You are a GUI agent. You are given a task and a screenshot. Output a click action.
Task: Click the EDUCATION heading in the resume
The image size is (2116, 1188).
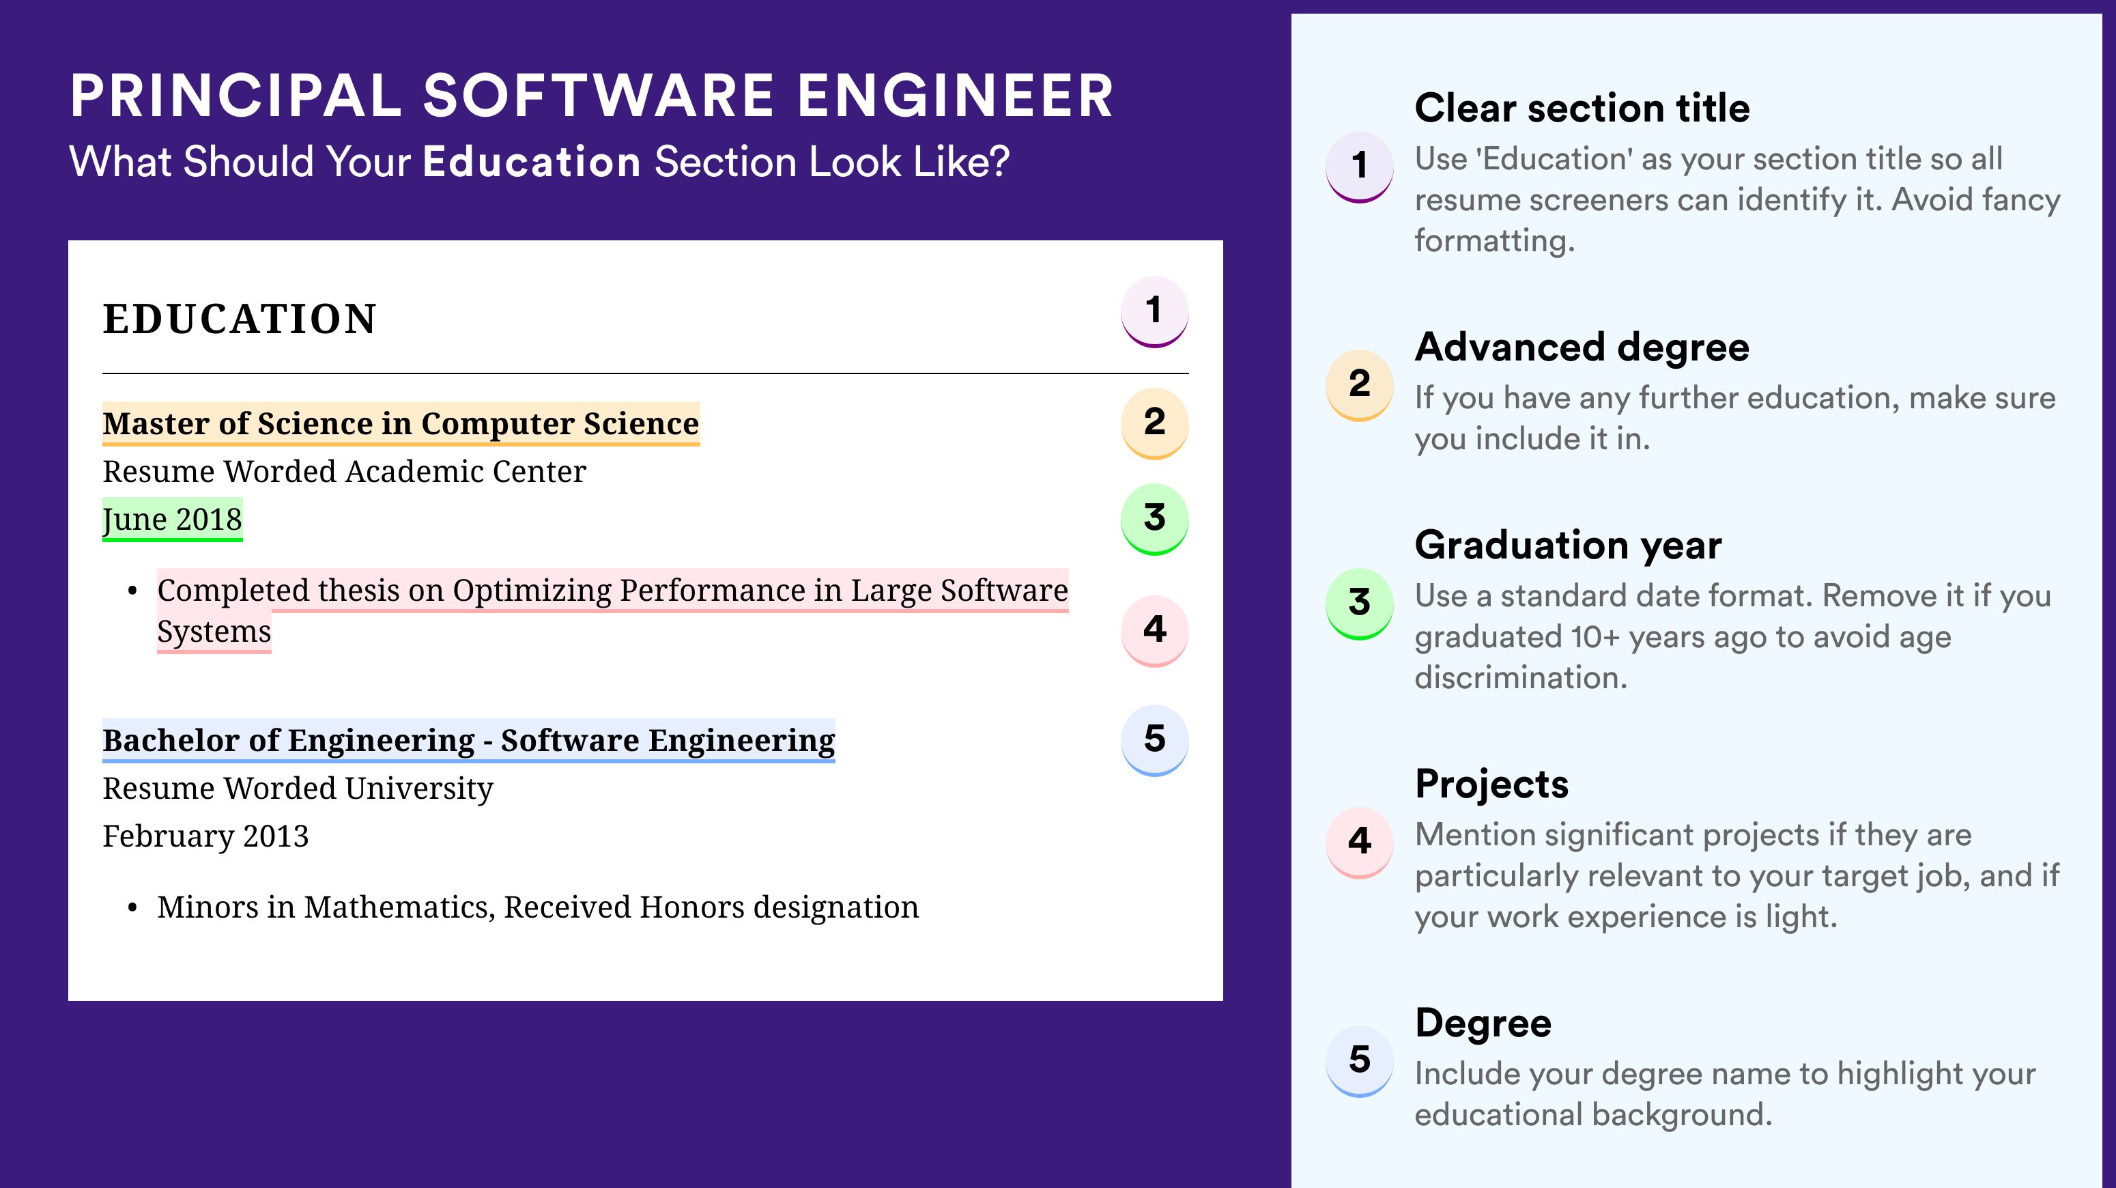(239, 319)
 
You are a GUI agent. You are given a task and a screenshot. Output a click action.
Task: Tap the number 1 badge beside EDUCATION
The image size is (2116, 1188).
(1154, 311)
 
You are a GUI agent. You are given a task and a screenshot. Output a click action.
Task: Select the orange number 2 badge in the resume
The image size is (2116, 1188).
(1154, 423)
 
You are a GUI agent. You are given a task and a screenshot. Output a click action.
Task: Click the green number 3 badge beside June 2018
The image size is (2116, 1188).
(1154, 519)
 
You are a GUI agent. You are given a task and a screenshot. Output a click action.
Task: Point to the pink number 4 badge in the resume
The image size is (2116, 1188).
(1154, 630)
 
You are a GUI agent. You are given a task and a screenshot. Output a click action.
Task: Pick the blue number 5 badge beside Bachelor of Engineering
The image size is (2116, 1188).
(1154, 740)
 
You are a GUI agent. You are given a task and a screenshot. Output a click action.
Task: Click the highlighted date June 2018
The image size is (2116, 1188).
(173, 519)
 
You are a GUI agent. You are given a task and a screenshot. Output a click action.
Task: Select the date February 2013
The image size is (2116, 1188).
(205, 836)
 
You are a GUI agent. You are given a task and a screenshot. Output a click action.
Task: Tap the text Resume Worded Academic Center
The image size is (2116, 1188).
(344, 472)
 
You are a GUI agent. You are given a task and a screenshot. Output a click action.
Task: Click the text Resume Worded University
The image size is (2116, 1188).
(298, 789)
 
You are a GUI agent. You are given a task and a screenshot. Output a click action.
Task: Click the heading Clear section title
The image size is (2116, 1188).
(1582, 108)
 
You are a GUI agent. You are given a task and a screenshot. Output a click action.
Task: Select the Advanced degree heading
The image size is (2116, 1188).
(1582, 348)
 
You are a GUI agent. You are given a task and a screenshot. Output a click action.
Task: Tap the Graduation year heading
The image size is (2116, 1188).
(1568, 546)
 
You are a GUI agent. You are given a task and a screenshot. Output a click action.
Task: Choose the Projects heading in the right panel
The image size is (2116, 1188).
(1491, 784)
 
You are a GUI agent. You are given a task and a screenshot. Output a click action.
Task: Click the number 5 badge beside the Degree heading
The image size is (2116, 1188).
(1360, 1060)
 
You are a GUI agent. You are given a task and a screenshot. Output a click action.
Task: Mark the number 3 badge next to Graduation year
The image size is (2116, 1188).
(1360, 604)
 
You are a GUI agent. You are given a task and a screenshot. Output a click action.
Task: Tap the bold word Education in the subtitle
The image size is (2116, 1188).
(532, 162)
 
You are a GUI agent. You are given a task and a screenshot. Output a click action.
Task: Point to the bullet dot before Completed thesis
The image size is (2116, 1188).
(132, 591)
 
